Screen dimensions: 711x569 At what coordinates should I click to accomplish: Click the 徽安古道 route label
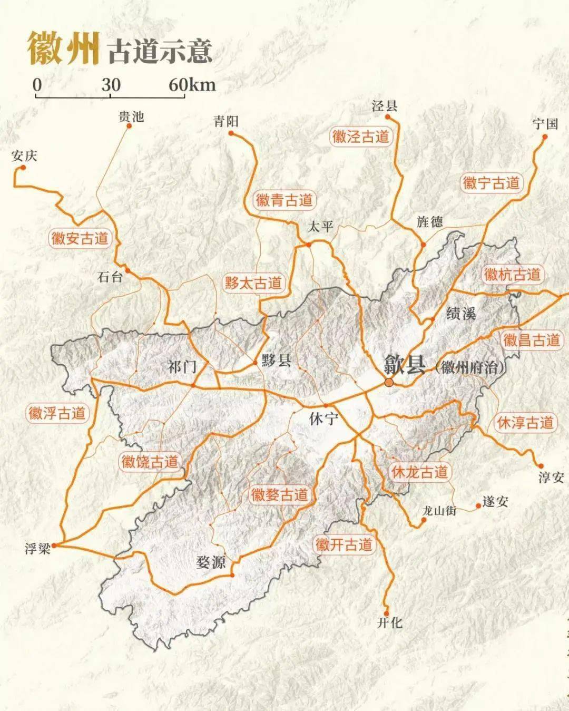tap(80, 238)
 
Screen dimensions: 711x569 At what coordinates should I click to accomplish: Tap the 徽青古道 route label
tap(284, 200)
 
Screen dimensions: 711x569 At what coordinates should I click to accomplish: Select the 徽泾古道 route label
tap(361, 137)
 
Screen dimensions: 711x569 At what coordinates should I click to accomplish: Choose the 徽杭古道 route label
tap(512, 274)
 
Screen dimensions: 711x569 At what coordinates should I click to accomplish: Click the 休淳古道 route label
tap(525, 422)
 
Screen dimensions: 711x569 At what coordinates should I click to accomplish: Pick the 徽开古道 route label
tap(344, 544)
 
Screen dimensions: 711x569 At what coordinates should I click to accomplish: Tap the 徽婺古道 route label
tap(279, 494)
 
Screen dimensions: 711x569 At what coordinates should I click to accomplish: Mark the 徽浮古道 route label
tap(57, 413)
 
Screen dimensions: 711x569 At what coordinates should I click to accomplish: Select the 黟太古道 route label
tap(253, 283)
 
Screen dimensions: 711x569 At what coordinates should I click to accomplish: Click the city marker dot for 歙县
tap(389, 382)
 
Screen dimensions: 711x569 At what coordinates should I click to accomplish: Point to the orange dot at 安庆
tap(23, 168)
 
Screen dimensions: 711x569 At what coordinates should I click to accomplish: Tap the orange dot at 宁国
tap(545, 137)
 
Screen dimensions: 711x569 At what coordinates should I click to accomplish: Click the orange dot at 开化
tap(386, 613)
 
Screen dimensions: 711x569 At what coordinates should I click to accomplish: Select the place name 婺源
tap(211, 562)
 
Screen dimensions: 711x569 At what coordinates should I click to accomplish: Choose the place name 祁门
tap(182, 367)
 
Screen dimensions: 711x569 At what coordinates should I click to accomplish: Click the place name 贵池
tap(131, 116)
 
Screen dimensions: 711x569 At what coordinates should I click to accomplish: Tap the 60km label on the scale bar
tap(192, 84)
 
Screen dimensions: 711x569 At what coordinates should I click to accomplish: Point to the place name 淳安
tap(551, 478)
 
